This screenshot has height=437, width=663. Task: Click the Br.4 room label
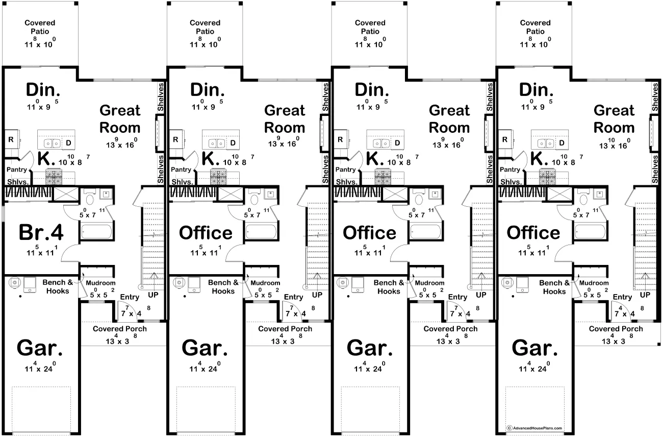coord(41,233)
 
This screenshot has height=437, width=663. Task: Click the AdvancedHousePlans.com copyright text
coord(534,428)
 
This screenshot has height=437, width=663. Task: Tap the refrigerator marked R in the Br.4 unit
coord(11,139)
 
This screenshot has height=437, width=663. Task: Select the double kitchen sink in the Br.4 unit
coord(53,143)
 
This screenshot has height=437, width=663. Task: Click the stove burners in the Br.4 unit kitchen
coord(54,177)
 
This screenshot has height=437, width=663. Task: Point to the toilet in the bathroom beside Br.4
coord(89,198)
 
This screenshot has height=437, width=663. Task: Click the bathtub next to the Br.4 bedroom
coord(96,231)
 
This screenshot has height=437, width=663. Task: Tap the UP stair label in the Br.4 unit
coord(153,295)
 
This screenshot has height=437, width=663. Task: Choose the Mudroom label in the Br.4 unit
coord(100,283)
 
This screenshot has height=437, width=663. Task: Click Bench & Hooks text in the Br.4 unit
coord(58,286)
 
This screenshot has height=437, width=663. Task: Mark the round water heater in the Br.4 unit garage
coord(14,282)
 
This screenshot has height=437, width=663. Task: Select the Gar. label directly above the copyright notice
coord(534,348)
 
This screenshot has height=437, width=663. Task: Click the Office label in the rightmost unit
coord(533,233)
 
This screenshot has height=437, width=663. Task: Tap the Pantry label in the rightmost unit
coord(510,169)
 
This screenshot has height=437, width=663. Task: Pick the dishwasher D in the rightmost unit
coord(562,143)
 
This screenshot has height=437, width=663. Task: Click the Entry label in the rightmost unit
coord(622,297)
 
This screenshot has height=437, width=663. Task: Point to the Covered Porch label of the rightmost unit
coord(616,329)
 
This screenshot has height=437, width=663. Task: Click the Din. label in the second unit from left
coord(207,90)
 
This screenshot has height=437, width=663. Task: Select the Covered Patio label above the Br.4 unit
coord(40,27)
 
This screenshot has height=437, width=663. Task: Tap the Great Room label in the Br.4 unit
coord(120,119)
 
